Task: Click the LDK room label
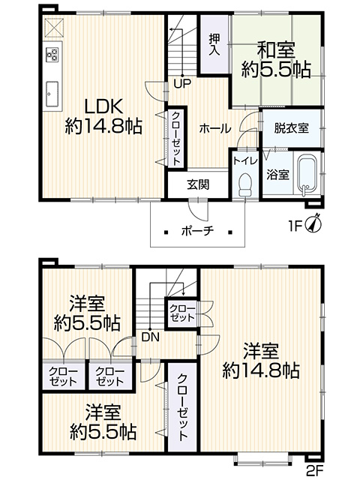pos(103,106)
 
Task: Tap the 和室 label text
pos(276,51)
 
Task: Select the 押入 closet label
pos(214,44)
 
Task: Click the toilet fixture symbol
pos(245,185)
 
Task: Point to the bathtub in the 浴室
pos(307,175)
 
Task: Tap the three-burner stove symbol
pos(52,55)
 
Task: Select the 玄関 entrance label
pos(198,184)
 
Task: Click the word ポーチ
pos(197,230)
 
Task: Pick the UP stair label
pos(182,83)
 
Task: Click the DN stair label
pos(151,337)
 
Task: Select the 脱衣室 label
pos(291,128)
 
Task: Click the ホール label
pos(215,129)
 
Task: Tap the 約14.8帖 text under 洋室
pos(261,370)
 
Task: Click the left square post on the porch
pos(166,232)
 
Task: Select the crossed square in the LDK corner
pos(54,27)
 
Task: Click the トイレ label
pos(245,161)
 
